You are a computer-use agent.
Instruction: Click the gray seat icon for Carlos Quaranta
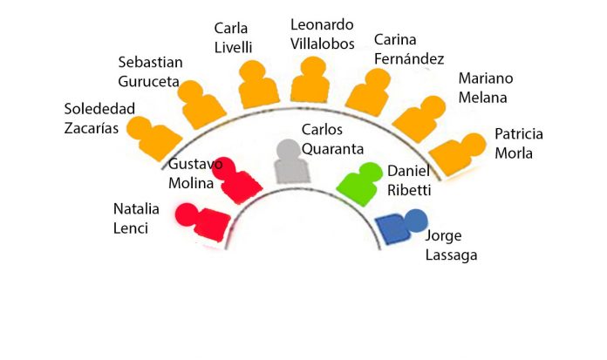click(291, 163)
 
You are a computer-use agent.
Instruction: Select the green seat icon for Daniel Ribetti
click(360, 184)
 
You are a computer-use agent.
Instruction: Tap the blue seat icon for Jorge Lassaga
click(400, 227)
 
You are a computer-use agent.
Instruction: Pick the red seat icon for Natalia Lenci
click(203, 222)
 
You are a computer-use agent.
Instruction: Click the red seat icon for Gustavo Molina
click(237, 181)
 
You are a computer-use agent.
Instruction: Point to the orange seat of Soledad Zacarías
click(154, 139)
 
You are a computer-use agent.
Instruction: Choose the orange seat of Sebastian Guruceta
click(201, 105)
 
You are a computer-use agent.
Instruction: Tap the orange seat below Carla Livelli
click(258, 85)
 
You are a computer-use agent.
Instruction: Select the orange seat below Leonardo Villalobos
click(310, 80)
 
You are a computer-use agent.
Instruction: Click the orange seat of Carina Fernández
click(369, 93)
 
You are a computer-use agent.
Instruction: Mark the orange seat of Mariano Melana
click(419, 119)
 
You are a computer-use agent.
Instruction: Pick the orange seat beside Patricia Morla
click(458, 154)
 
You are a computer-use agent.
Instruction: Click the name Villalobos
click(323, 44)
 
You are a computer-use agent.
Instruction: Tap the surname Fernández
click(409, 59)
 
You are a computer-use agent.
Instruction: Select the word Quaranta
click(332, 149)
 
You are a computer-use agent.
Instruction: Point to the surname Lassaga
click(452, 255)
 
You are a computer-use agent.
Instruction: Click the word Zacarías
click(92, 128)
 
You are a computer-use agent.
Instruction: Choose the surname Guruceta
click(148, 82)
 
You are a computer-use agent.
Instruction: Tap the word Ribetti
click(409, 190)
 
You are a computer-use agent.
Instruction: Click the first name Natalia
click(136, 209)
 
